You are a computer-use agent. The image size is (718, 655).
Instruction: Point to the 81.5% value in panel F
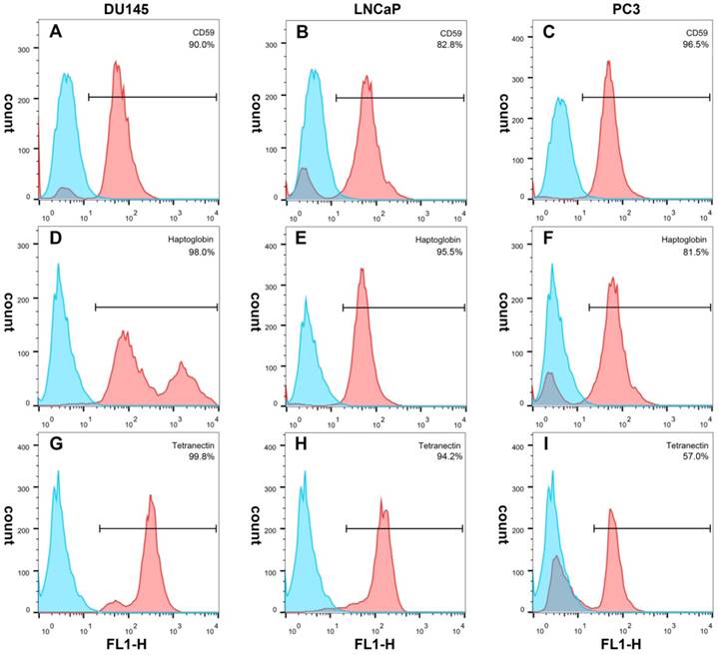point(696,254)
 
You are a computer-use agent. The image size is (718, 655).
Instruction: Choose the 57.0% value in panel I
point(696,458)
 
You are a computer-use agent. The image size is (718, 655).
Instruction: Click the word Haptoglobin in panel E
point(440,242)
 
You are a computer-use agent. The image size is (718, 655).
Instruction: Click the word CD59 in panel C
point(697,34)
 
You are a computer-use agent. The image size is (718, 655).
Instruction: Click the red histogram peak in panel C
point(608,64)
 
